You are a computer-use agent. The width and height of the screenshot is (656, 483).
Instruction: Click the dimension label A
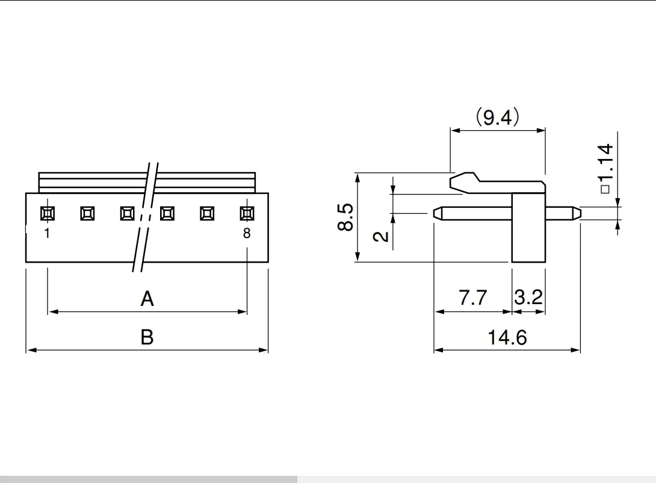coord(147,298)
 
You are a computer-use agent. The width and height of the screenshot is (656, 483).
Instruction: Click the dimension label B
coord(147,337)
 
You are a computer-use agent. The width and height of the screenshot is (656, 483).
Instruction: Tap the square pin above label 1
coord(48,213)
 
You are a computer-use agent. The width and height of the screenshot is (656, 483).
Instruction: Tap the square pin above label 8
coord(247,213)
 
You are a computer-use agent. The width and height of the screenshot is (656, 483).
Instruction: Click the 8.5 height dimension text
coord(345,217)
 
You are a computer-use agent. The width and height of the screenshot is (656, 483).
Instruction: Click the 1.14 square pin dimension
coord(606,169)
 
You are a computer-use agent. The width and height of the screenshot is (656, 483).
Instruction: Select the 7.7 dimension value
coord(472,298)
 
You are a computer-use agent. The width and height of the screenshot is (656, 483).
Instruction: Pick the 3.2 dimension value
coord(529,298)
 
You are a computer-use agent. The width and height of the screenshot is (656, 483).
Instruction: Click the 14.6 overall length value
coord(507,337)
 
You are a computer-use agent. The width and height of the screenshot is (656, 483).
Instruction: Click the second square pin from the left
coord(87,213)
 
